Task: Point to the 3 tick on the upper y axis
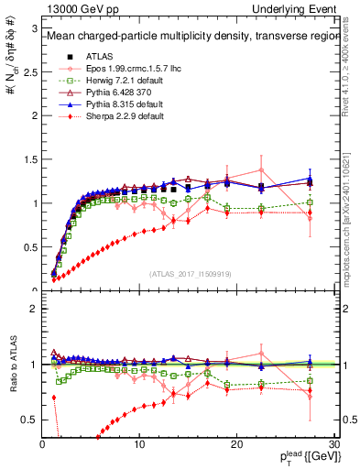[34, 28]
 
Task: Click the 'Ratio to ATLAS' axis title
[13, 365]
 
